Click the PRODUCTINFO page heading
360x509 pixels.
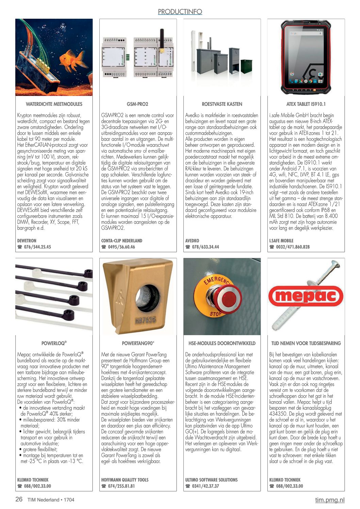tap(180, 12)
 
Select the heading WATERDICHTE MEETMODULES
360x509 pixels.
tap(54, 104)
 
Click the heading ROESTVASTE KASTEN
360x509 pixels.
tap(222, 104)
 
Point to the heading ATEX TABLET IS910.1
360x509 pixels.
tap(306, 104)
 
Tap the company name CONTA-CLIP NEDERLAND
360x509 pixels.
tap(121, 241)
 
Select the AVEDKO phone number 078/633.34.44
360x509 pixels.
tap(205, 247)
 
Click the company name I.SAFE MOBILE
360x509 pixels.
tap(281, 241)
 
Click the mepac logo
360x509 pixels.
tap(306, 296)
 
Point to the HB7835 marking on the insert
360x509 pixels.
tap(145, 321)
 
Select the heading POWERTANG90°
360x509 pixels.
tap(138, 343)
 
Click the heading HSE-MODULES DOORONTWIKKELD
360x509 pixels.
tap(222, 343)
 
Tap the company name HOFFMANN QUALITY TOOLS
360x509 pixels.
tap(125, 480)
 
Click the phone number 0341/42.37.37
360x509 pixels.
tap(205, 486)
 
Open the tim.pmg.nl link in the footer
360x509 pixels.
tap(329, 500)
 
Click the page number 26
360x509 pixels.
tap(19, 499)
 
